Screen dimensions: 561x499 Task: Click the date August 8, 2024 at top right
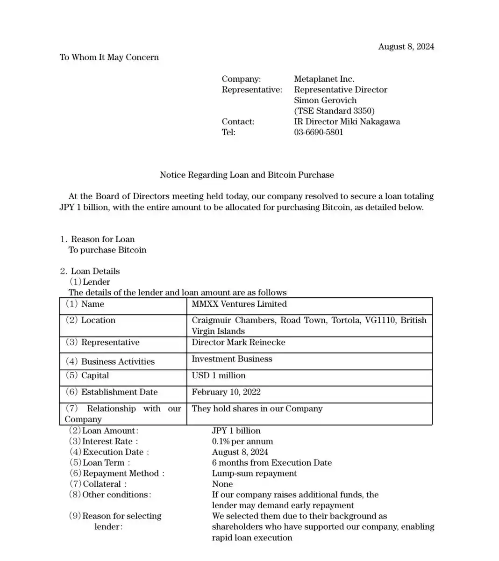click(406, 46)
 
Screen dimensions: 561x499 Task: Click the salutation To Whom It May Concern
click(109, 57)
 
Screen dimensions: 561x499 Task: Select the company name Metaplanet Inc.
click(324, 79)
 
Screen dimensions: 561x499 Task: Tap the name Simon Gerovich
click(325, 100)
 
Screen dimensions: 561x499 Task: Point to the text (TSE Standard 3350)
click(334, 111)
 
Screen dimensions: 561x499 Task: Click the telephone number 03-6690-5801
click(318, 132)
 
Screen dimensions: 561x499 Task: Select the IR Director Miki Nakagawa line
click(347, 122)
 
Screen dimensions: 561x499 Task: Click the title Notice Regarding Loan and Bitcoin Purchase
click(247, 175)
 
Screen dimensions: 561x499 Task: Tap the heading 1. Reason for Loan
click(97, 239)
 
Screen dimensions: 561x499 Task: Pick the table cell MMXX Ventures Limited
click(239, 304)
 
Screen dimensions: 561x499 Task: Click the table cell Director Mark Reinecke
click(238, 342)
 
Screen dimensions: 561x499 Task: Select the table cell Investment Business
click(232, 359)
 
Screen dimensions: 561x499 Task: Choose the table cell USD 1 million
click(218, 375)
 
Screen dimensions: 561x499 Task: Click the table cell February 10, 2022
click(226, 392)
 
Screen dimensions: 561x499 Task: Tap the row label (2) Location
click(90, 320)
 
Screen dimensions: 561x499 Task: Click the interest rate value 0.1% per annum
click(242, 441)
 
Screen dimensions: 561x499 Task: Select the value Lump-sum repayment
click(254, 473)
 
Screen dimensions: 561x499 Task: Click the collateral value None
click(222, 484)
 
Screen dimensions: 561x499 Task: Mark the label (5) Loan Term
click(99, 462)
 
